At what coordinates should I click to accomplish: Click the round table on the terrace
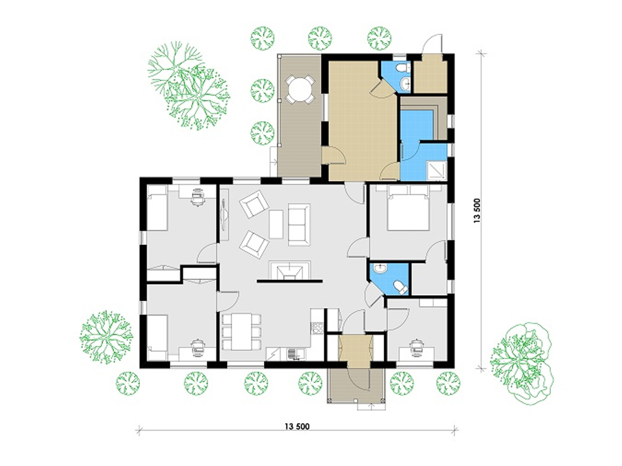[300, 90]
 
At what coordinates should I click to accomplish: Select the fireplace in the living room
[289, 270]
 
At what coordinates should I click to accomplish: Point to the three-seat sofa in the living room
[299, 224]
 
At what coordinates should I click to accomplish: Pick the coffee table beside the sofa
[276, 224]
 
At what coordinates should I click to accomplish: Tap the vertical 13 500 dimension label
[477, 211]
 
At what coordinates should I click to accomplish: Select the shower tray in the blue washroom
[436, 170]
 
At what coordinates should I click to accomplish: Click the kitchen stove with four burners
[317, 328]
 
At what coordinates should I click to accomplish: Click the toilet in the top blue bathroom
[403, 68]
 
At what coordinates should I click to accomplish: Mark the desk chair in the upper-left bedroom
[197, 196]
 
